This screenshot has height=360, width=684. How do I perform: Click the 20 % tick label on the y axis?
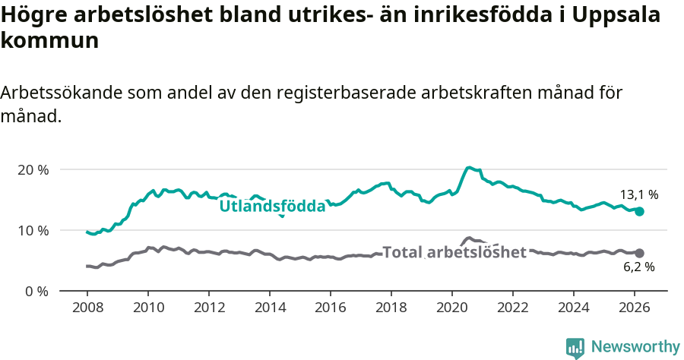33,169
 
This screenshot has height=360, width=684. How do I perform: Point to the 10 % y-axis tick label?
33,230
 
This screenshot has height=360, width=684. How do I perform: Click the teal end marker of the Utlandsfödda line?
639,211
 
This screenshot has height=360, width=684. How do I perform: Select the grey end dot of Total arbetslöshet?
639,253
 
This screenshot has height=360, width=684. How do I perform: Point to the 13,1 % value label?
639,194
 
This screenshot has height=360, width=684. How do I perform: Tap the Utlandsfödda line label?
272,206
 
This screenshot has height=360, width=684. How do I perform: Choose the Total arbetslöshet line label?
454,252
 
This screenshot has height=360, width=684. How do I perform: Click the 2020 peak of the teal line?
469,167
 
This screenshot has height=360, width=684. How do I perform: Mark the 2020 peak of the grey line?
469,238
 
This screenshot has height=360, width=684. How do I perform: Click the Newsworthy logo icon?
575,347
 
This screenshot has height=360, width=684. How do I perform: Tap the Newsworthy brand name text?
635,347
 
